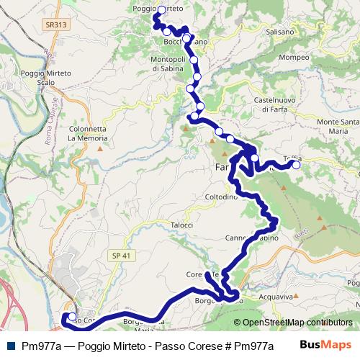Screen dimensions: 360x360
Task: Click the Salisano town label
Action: [x=279, y=32]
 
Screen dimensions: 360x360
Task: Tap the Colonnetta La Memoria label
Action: [x=87, y=132]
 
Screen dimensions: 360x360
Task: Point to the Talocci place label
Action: [x=182, y=225]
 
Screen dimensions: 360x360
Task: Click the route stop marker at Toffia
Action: [x=296, y=165]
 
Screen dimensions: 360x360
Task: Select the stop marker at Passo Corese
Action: [x=72, y=316]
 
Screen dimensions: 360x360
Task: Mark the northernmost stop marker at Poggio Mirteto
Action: [x=161, y=10]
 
